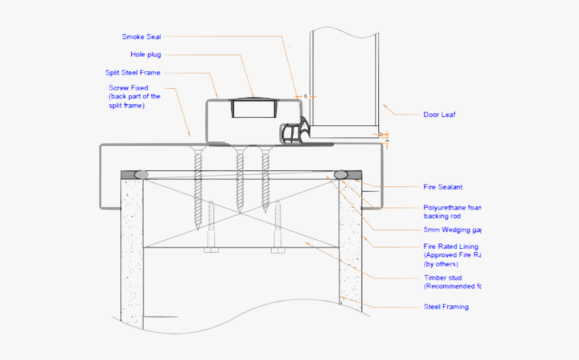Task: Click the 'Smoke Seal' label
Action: (141, 37)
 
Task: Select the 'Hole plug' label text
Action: (145, 55)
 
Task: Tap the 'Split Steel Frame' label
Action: (133, 73)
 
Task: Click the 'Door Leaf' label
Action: (439, 115)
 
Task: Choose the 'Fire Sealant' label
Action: (443, 187)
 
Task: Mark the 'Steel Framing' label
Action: (446, 307)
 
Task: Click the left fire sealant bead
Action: (140, 174)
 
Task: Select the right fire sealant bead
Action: (342, 174)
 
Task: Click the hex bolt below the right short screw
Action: (278, 249)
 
